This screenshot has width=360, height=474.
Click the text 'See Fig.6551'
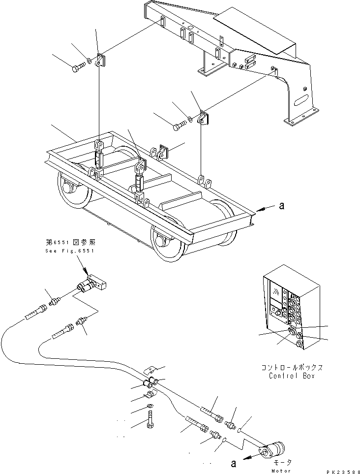coord(69,251)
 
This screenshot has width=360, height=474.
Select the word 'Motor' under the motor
coord(282,471)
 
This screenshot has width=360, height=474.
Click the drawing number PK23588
coord(340,471)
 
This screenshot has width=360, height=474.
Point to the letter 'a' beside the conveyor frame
coord(281,207)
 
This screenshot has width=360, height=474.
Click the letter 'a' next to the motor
coord(233,462)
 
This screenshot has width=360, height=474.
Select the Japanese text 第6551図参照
coord(69,242)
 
